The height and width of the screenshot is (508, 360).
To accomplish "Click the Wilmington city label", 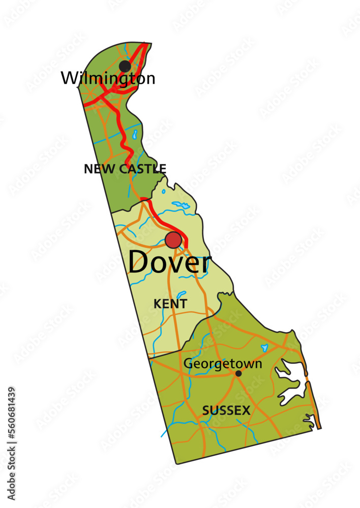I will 108,79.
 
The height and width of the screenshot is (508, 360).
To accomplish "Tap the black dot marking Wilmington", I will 125,66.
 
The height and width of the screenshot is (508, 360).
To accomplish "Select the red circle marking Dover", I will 173,240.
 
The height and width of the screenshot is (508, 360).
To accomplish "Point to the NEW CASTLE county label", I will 125,169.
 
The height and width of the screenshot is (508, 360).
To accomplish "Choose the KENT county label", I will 170,304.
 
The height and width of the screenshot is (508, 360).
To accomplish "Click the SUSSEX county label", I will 226,410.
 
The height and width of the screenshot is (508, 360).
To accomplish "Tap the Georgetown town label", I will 223,364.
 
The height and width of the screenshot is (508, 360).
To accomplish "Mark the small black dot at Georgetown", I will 238,373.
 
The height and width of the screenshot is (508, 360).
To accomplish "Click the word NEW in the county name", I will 95,169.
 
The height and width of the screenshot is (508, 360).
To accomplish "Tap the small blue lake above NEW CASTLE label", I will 134,135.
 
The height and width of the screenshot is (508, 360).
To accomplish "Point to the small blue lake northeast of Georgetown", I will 264,348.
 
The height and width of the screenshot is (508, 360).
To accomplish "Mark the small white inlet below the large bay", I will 309,420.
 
